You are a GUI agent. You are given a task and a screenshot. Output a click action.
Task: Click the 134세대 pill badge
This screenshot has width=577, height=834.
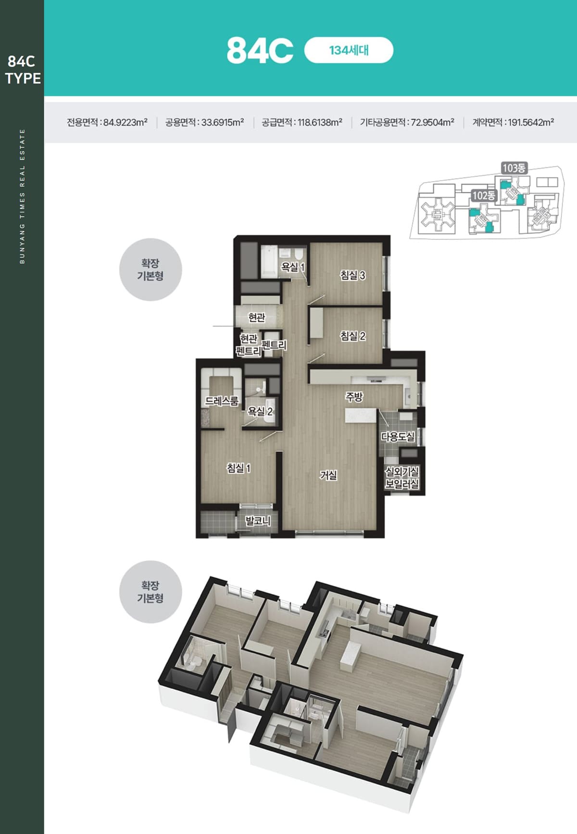[349, 50]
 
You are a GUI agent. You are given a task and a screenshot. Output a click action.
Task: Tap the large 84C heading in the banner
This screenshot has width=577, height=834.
[260, 51]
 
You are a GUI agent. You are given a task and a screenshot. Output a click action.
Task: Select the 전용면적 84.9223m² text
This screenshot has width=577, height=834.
[107, 122]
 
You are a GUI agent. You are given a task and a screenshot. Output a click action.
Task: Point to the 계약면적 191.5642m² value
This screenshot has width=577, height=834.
[513, 122]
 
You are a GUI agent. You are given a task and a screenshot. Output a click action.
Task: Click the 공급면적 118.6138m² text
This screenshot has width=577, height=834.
[302, 122]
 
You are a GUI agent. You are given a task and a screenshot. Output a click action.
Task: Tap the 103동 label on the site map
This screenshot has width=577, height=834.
[514, 168]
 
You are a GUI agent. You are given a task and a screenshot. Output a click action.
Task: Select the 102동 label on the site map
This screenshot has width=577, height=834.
[483, 195]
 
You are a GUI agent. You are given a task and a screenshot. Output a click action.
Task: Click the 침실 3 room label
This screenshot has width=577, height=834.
[353, 275]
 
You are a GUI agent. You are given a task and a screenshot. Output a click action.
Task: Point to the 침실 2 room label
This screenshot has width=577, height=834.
[353, 336]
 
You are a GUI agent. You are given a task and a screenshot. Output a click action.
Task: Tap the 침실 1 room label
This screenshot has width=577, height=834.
[239, 468]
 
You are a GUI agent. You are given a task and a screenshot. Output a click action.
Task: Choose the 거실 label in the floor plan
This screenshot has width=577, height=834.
[328, 475]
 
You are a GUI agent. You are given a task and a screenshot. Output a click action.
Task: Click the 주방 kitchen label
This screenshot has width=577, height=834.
[354, 397]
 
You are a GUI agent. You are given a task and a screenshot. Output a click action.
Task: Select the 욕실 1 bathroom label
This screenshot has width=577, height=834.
[293, 266]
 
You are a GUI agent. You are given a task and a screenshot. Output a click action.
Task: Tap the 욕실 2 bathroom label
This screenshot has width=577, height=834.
[260, 411]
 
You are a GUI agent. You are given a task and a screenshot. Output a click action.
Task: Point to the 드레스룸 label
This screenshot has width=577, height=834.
[222, 401]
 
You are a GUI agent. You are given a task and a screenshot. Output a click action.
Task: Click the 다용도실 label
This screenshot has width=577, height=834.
[398, 437]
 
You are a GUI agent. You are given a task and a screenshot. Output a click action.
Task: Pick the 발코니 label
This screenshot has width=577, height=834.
[258, 520]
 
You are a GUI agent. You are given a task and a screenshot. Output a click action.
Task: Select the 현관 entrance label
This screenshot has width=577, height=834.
[257, 317]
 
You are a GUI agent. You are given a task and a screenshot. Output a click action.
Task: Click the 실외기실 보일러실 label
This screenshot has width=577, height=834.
[402, 478]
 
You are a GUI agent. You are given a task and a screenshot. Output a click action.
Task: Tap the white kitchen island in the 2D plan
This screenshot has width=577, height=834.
[361, 415]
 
